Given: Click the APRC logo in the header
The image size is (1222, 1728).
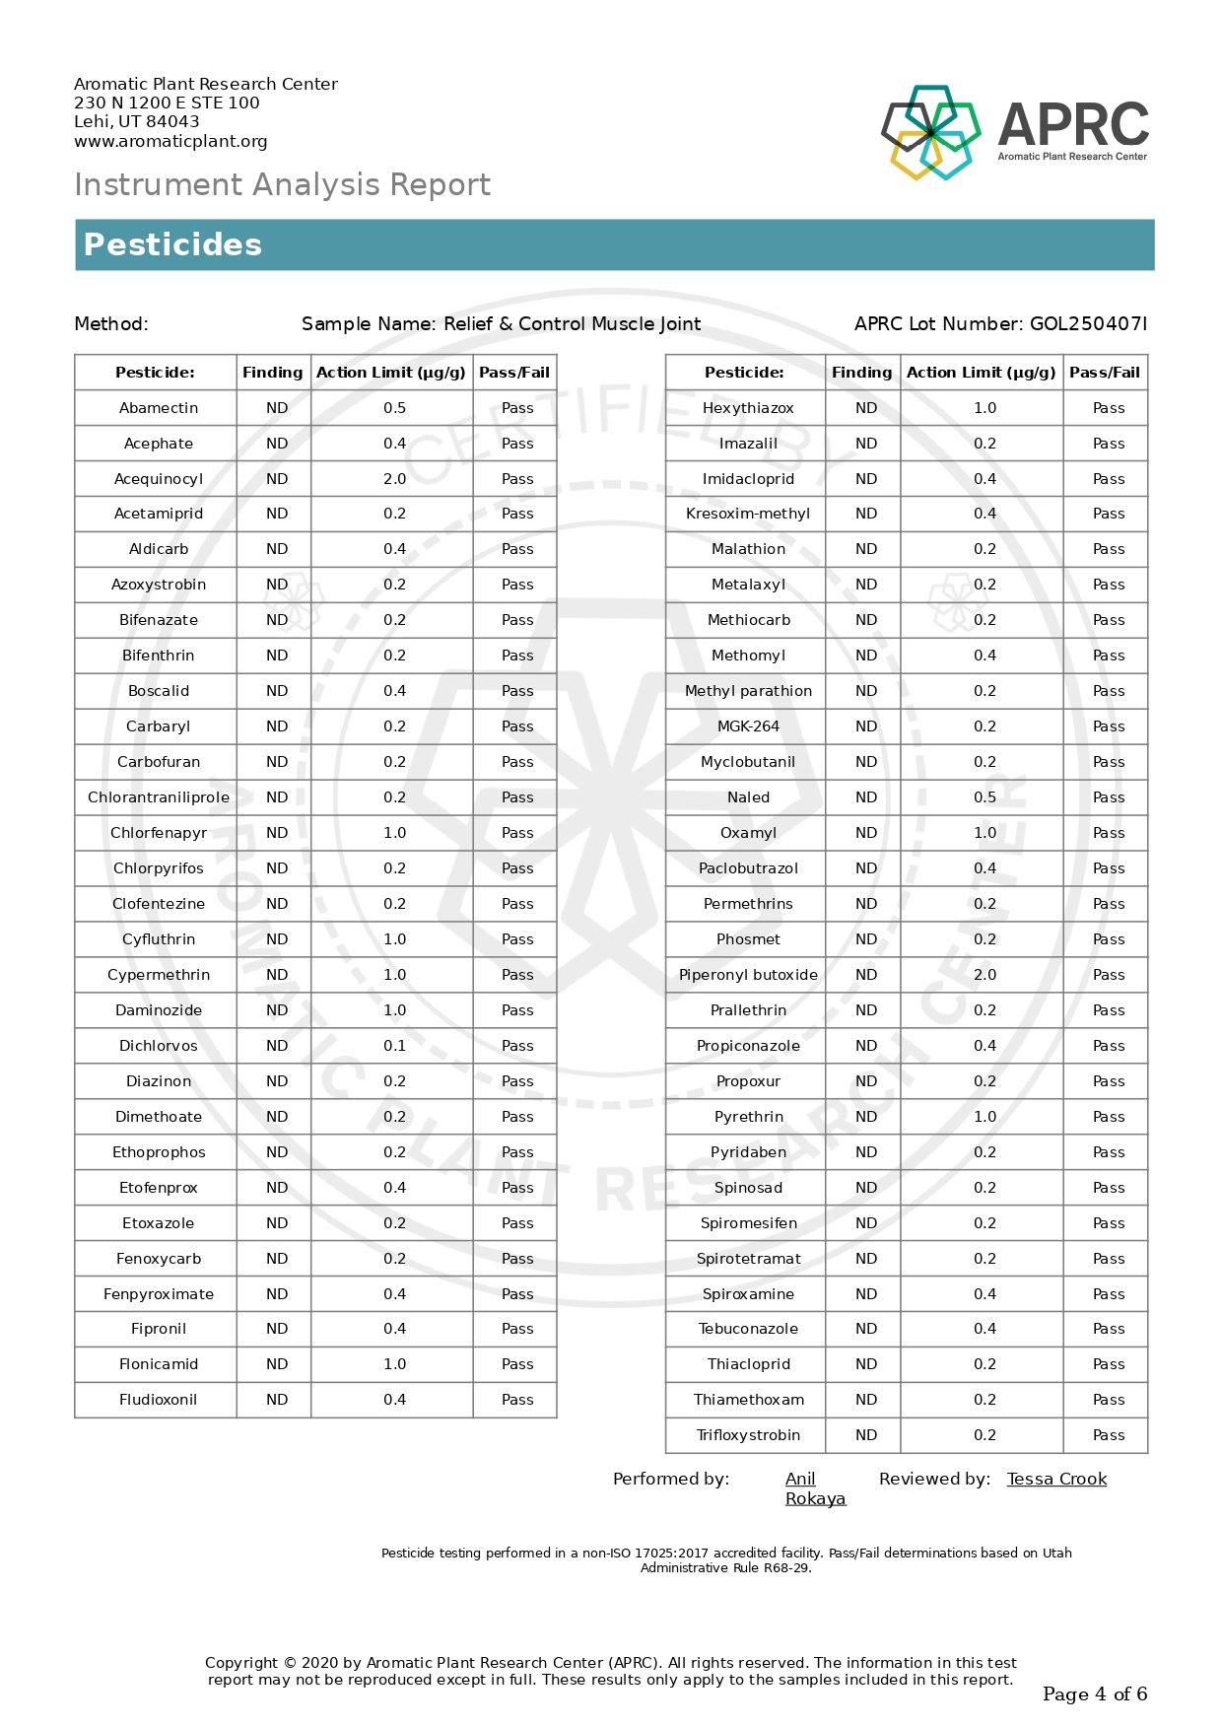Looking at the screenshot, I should (1014, 132).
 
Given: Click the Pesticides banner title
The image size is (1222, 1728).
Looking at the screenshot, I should (172, 244).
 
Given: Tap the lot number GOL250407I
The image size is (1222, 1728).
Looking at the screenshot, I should (1088, 323).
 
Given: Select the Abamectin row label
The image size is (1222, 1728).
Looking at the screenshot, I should (159, 408).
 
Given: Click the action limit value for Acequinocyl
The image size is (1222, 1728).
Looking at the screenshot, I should (394, 479).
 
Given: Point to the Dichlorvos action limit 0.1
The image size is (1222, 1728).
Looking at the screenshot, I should (394, 1046).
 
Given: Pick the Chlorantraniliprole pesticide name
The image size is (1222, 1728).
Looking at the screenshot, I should (159, 797).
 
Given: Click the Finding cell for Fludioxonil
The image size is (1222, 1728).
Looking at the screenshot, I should (277, 1400).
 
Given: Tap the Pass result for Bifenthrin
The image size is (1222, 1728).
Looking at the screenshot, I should (517, 656).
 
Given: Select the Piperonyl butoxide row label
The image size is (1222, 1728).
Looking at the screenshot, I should (748, 975).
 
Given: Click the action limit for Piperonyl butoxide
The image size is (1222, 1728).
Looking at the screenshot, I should (984, 975).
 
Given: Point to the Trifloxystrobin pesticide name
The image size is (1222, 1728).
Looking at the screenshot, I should (748, 1435).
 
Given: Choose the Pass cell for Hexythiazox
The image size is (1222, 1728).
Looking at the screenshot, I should (1109, 408).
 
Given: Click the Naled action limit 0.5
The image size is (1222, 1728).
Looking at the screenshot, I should (984, 797).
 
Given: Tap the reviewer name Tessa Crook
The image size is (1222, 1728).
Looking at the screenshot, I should (1056, 1479).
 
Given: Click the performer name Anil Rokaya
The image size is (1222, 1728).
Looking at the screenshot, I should (814, 1488).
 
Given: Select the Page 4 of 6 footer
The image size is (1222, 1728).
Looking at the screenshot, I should (1095, 1693).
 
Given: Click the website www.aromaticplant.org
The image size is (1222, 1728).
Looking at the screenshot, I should (170, 141).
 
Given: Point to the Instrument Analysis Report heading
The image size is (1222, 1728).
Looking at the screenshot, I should (282, 184).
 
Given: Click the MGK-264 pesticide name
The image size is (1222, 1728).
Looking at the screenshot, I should (748, 726).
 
